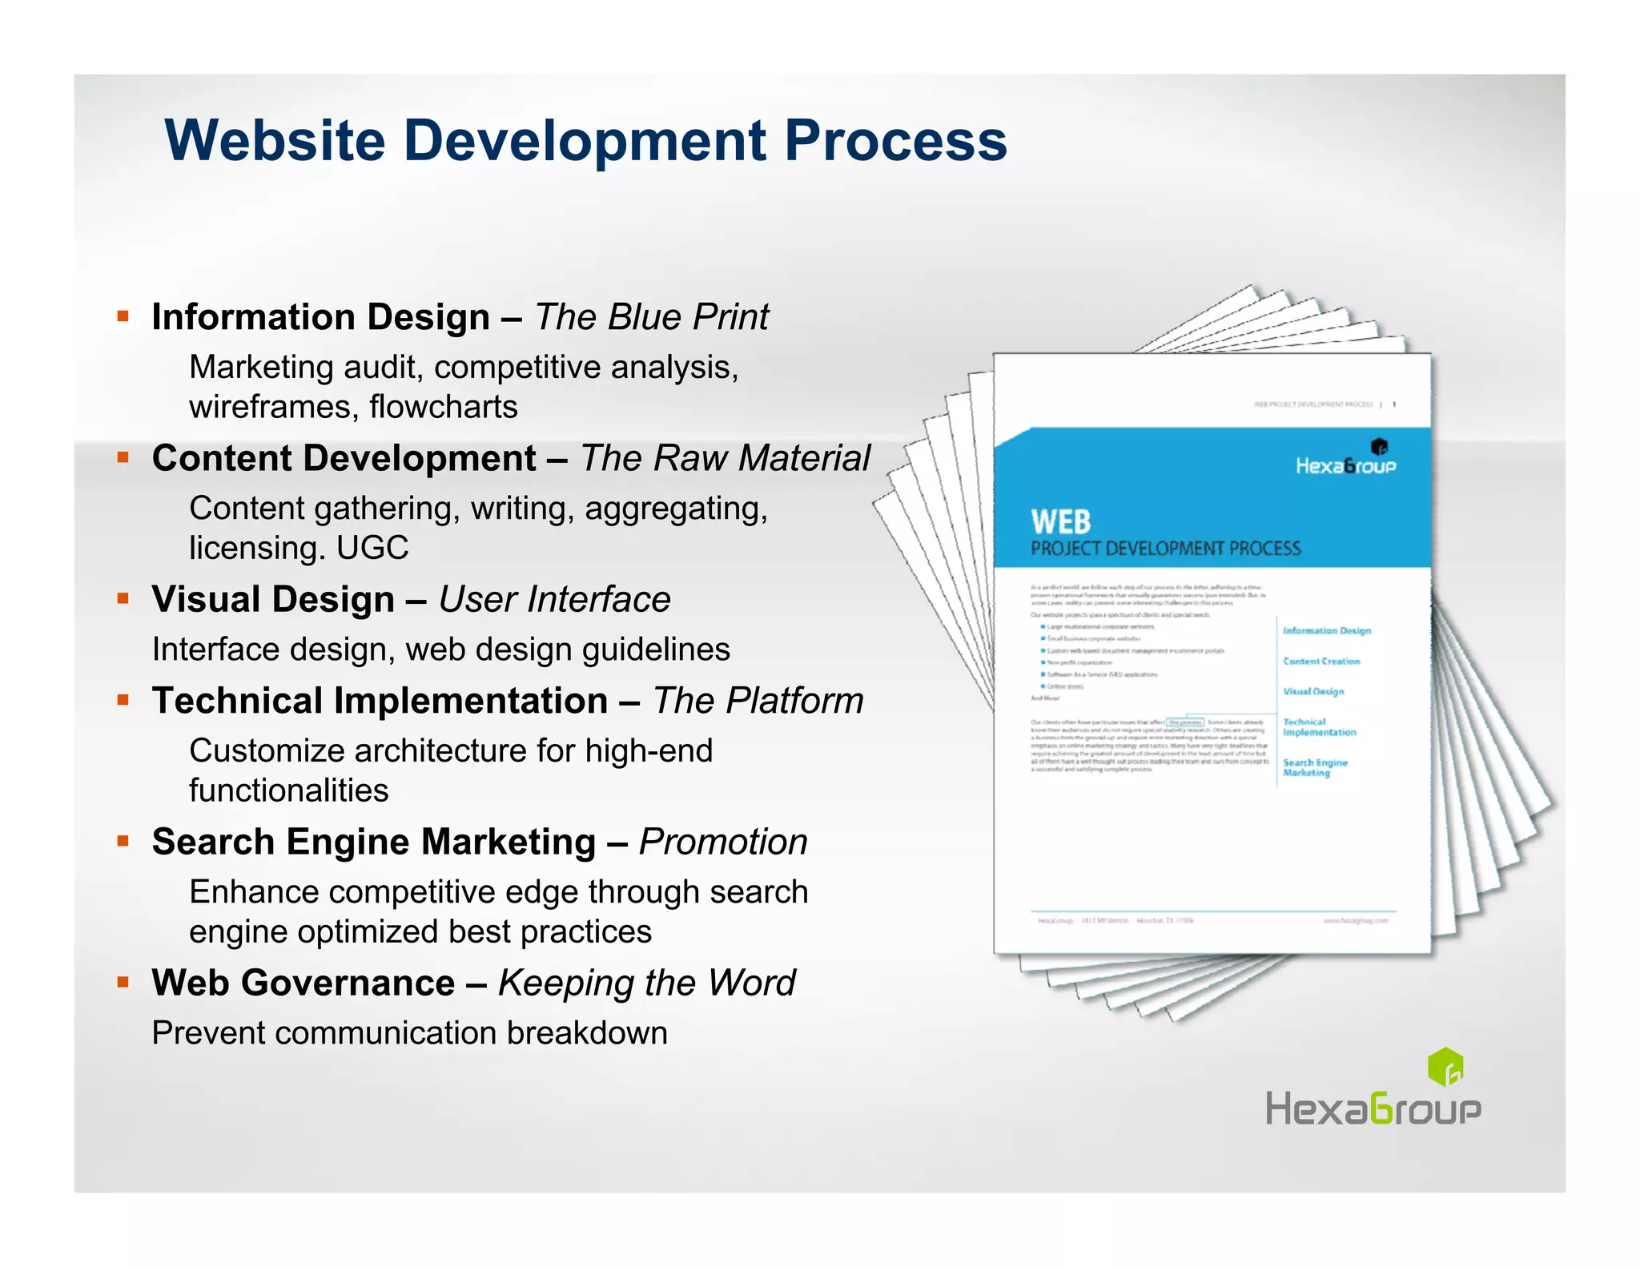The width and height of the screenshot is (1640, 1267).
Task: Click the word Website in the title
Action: tap(275, 141)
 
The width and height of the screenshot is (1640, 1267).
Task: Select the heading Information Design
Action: tap(320, 317)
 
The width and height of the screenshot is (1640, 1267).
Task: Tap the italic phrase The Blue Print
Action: tap(651, 317)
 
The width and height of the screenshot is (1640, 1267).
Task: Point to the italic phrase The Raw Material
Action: tap(725, 458)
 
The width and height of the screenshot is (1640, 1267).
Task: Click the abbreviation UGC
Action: tap(372, 549)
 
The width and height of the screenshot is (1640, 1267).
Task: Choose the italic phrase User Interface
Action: tap(554, 599)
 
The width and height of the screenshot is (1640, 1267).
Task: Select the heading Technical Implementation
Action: tap(380, 701)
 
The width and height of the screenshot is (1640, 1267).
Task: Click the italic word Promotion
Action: tap(723, 842)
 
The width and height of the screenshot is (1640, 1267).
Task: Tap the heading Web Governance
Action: tap(303, 983)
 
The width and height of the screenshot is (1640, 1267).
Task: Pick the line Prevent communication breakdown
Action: tap(409, 1033)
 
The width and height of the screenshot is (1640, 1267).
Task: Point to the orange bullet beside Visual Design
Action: tap(123, 598)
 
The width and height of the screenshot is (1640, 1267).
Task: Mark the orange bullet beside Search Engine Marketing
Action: tap(123, 841)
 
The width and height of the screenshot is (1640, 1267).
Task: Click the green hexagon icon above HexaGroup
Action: tap(1445, 1066)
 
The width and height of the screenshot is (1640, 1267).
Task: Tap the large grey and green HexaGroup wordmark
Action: tap(1373, 1111)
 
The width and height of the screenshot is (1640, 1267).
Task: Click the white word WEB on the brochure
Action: tap(1060, 522)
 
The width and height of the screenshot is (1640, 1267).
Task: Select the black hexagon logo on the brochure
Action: tap(1379, 447)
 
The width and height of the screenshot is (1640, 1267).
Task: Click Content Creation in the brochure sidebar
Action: tap(1321, 662)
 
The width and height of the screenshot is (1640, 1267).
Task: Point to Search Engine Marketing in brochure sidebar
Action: tap(1315, 767)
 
